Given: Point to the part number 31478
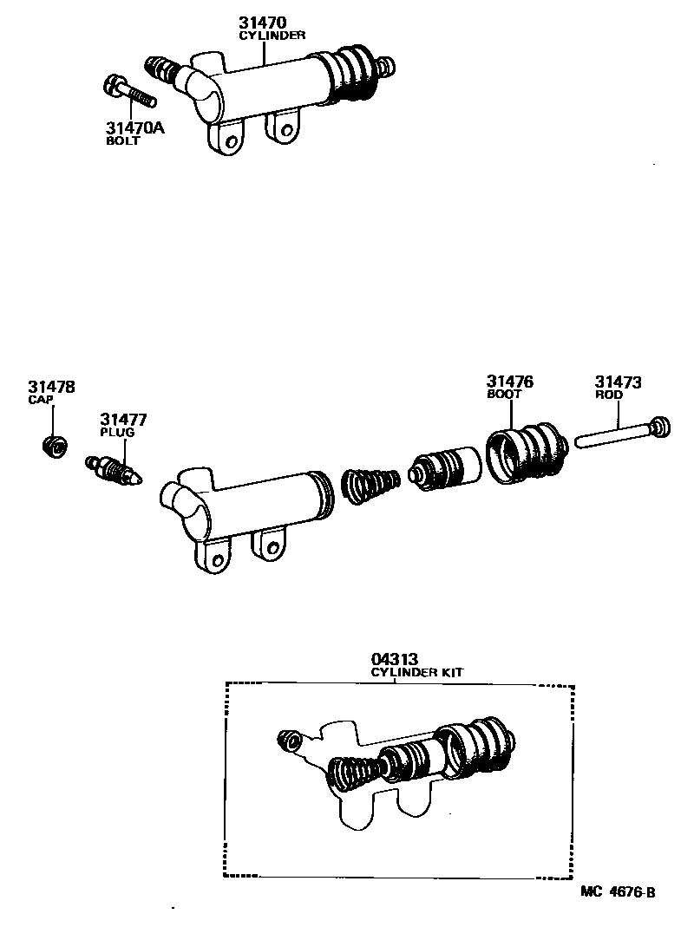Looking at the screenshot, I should click(x=50, y=387).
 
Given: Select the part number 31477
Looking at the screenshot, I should click(x=122, y=420).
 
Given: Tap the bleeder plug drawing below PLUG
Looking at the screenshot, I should click(x=114, y=469).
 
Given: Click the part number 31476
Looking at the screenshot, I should click(x=509, y=382).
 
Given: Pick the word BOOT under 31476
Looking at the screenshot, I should click(x=503, y=395).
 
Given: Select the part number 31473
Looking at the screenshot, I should click(x=618, y=382).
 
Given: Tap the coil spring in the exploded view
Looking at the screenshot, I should click(x=370, y=483).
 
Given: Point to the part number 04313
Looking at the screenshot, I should click(x=396, y=660).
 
